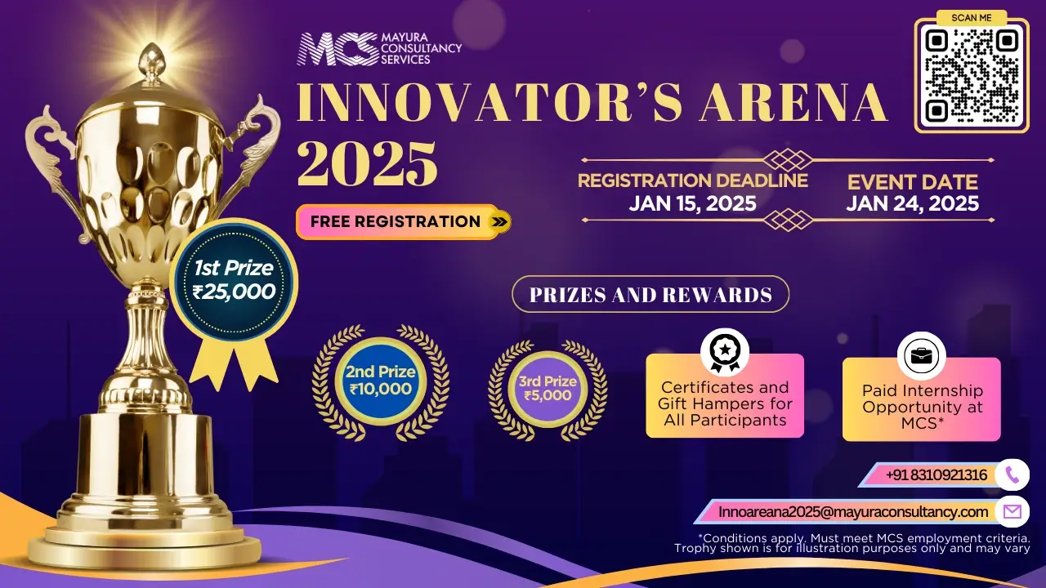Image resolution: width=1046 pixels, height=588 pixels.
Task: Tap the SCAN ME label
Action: pos(972,18)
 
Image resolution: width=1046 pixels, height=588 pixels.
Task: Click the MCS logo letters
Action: pos(337,48)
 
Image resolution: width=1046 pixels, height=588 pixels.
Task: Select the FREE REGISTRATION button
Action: pos(404,221)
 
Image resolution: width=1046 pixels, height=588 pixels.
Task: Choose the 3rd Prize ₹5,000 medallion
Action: pos(548,389)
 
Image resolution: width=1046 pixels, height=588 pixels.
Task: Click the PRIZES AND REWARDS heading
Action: pos(650,295)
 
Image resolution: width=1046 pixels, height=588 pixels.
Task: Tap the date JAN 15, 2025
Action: pos(692,203)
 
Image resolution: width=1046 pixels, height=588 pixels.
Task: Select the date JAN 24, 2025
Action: pos(913,203)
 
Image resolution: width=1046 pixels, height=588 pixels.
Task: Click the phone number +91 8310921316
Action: pos(936,475)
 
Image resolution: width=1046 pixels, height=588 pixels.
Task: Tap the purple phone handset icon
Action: pos(1012,475)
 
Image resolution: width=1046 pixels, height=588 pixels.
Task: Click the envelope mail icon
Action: pos(1012,512)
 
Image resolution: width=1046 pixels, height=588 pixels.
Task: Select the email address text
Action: pos(853,512)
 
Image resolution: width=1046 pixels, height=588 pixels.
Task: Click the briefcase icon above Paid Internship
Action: pos(921,356)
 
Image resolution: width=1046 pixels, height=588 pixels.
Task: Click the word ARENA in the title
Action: pos(793,103)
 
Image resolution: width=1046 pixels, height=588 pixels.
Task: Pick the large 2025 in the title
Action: pos(368,164)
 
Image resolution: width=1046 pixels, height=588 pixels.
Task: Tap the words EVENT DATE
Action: pos(913,182)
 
